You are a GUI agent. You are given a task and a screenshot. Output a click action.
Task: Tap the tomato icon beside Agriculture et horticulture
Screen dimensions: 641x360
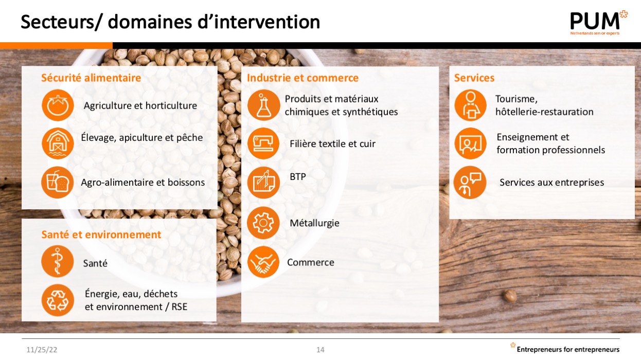point(58,105)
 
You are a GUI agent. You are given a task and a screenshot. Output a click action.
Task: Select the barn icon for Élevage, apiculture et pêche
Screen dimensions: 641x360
point(58,143)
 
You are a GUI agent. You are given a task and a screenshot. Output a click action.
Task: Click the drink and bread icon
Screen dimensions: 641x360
point(58,183)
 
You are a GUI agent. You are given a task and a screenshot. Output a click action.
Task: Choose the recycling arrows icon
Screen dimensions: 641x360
point(58,300)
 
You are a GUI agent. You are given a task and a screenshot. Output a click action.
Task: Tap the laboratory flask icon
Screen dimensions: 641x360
point(263,105)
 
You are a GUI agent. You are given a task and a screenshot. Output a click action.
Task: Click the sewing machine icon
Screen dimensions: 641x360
point(263,143)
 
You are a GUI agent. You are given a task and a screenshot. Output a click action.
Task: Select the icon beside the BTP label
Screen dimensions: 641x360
point(263,183)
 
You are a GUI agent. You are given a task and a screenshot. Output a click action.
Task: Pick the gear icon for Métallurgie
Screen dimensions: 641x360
point(263,223)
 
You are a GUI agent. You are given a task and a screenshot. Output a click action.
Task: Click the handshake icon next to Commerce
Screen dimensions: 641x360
point(263,262)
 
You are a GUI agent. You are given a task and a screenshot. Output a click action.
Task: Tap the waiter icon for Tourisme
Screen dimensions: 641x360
point(470,105)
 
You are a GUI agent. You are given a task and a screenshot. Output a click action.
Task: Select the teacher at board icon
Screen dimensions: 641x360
point(470,143)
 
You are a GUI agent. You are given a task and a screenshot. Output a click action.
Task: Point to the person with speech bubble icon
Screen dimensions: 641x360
point(470,183)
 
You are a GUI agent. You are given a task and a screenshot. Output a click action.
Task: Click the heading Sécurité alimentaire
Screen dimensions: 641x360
point(91,78)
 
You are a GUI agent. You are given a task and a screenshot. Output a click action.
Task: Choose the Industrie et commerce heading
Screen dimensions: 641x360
point(302,78)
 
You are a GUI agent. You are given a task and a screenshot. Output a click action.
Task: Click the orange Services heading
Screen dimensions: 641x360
point(474,78)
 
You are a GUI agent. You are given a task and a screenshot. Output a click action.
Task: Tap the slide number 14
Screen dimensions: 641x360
point(320,350)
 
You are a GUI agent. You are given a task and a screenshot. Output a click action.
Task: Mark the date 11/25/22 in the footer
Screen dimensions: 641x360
point(42,350)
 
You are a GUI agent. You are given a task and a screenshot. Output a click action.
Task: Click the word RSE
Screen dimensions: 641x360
point(180,307)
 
